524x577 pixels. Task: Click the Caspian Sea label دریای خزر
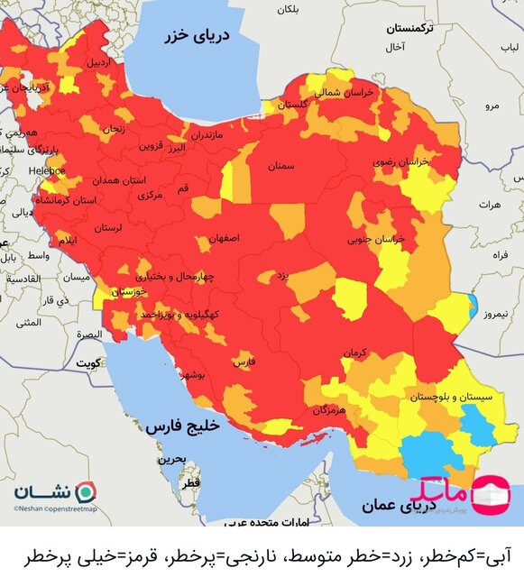click(x=198, y=37)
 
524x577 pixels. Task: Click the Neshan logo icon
click(x=86, y=492)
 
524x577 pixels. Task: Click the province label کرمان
click(x=354, y=354)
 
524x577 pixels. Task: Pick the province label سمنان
click(x=280, y=166)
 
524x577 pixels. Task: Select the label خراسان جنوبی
click(x=379, y=240)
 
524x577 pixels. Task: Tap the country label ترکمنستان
click(x=409, y=29)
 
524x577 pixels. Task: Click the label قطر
click(x=190, y=484)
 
